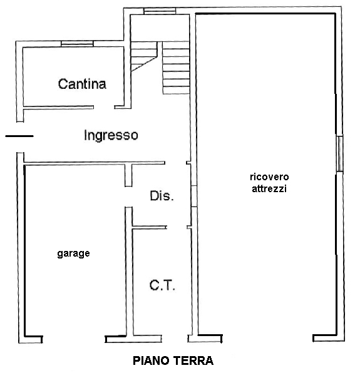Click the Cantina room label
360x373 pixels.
[x=82, y=84]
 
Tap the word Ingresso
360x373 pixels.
[x=111, y=135]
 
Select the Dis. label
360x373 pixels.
[x=162, y=196]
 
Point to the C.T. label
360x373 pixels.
[x=162, y=285]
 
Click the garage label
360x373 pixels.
[x=73, y=253]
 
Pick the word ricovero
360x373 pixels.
[x=269, y=177]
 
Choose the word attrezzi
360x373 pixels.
[x=269, y=188]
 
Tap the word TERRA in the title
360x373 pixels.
[x=195, y=360]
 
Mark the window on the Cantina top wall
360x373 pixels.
[x=77, y=44]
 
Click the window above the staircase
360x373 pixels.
[x=160, y=11]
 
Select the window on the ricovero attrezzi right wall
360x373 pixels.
[x=339, y=153]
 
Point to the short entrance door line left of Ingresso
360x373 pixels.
[x=19, y=136]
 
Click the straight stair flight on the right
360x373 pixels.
[x=176, y=68]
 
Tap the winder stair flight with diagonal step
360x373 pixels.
[x=144, y=56]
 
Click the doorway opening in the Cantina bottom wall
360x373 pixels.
[x=104, y=108]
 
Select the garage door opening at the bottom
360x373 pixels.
[x=74, y=339]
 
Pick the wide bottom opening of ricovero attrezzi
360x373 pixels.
[x=267, y=339]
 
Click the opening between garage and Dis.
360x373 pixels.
[x=128, y=197]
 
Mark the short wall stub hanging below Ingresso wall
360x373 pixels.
[x=128, y=175]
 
